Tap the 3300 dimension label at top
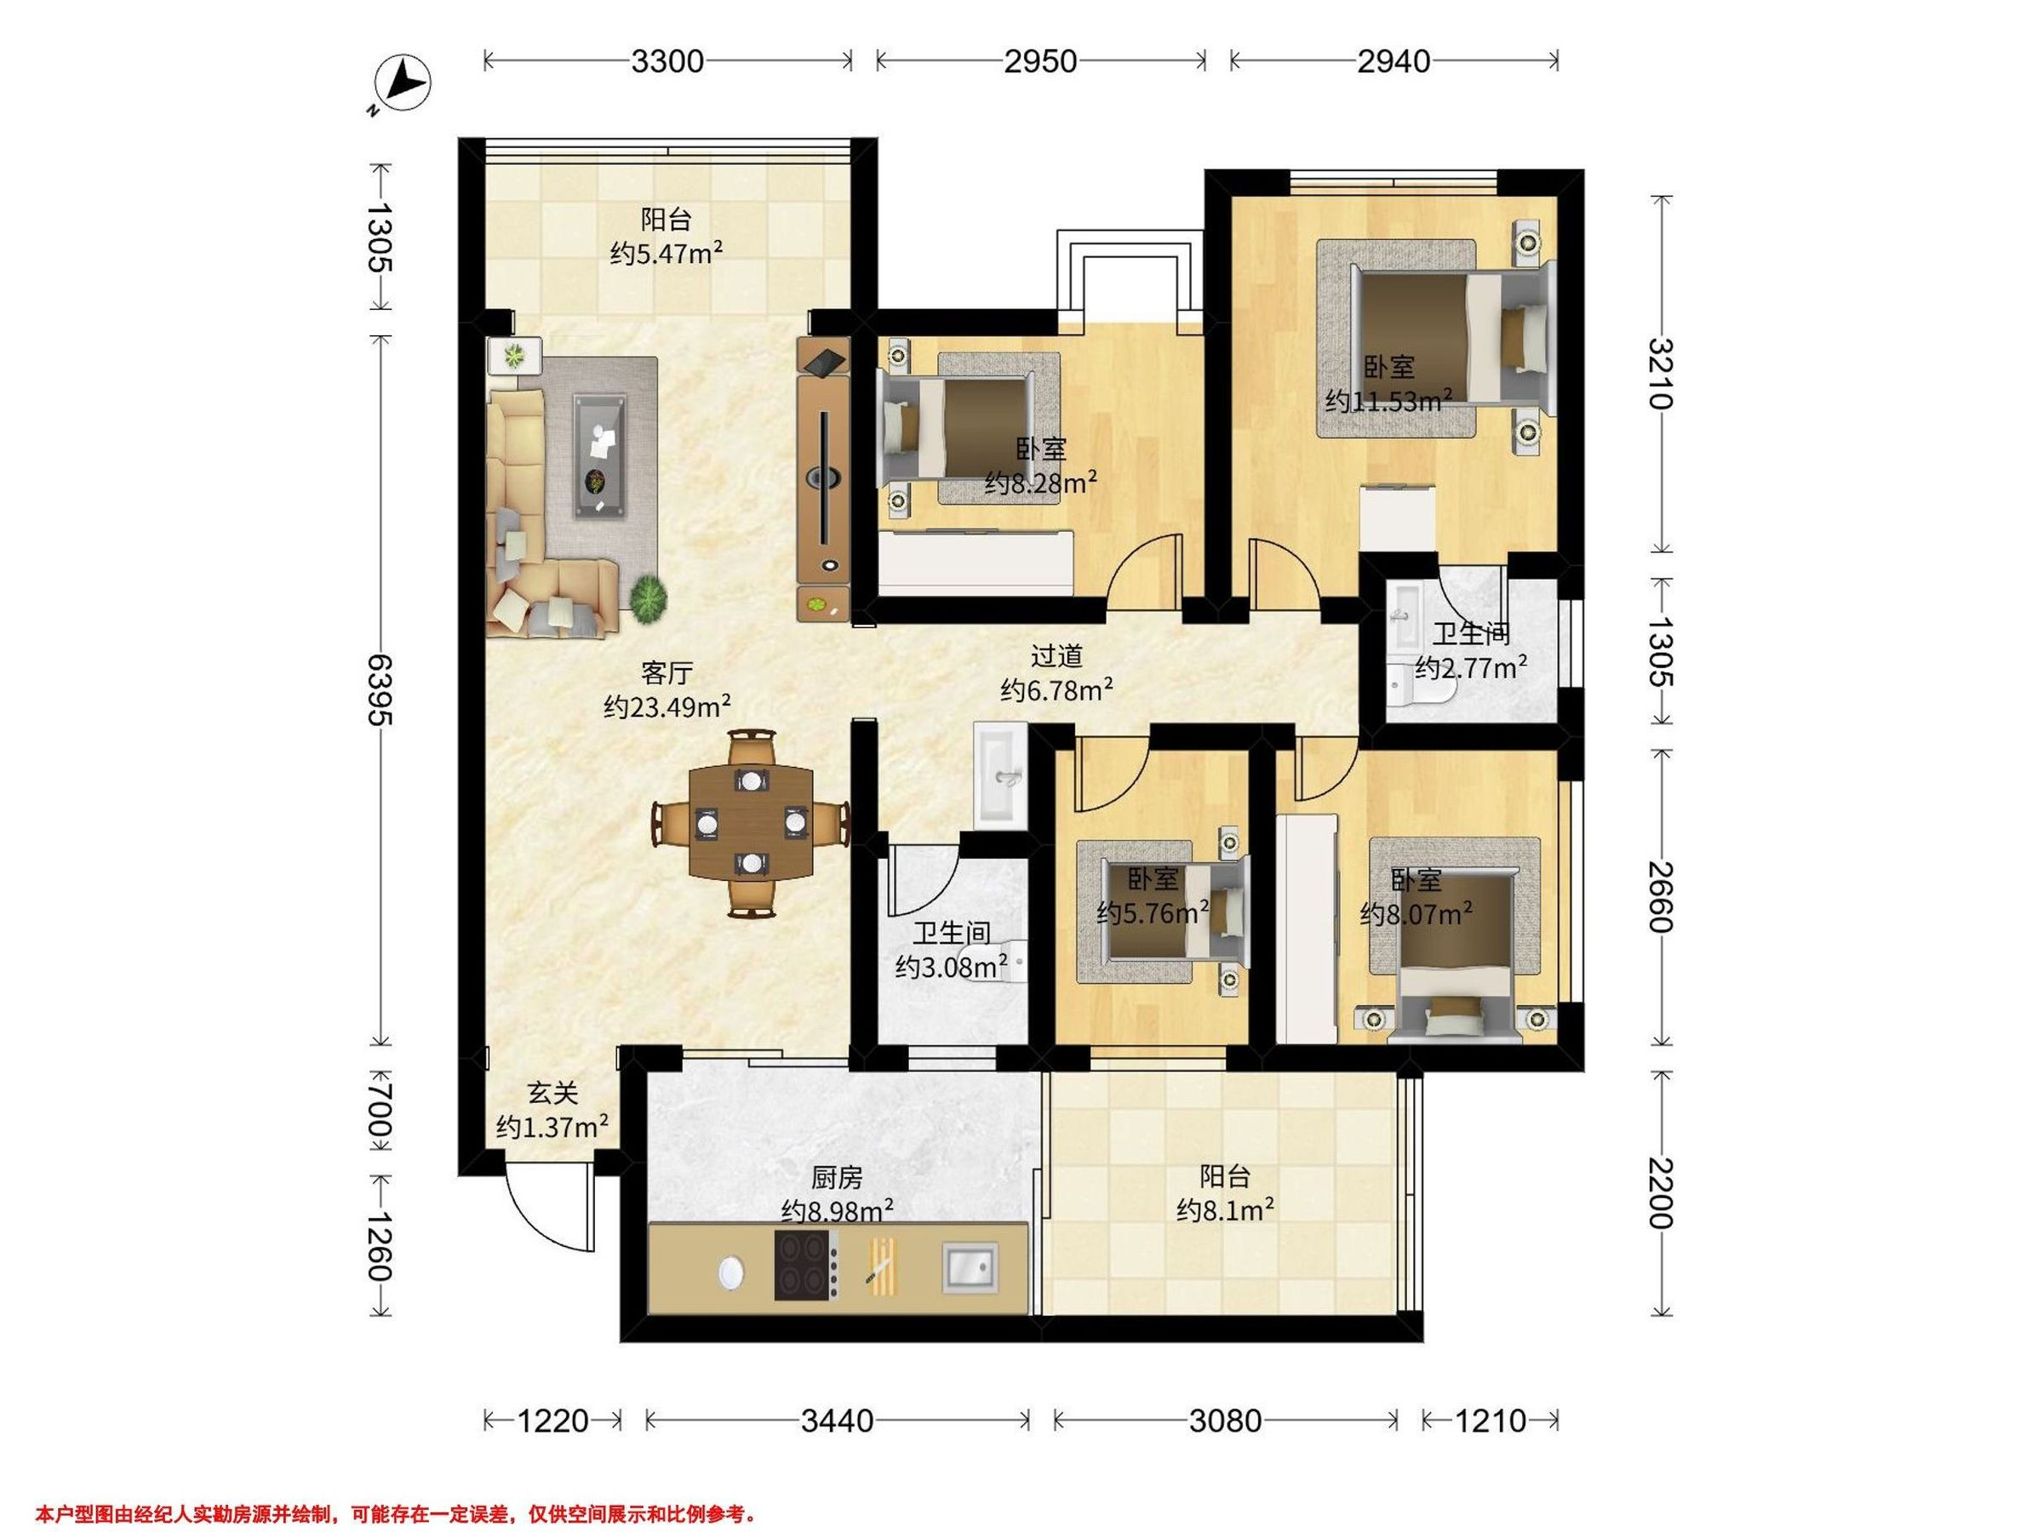[x=667, y=62]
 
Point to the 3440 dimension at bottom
[x=837, y=1421]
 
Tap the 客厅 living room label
[x=667, y=672]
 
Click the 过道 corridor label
[x=1056, y=656]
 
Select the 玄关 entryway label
[x=552, y=1094]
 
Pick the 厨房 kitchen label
[x=837, y=1177]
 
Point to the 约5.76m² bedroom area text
[x=1153, y=913]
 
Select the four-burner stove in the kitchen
[x=806, y=1265]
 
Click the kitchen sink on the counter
[x=970, y=1265]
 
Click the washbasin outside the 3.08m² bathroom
[x=999, y=774]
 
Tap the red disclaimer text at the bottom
[x=398, y=1514]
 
